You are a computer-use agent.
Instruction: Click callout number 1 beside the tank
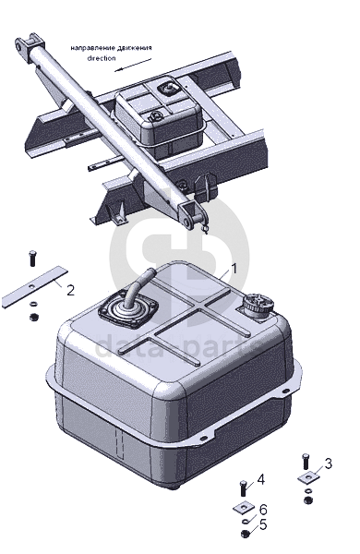tap(234, 269)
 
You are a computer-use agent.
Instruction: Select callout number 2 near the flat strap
tap(71, 290)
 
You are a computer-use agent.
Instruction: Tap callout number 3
tap(329, 464)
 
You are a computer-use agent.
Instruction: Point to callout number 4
tap(260, 479)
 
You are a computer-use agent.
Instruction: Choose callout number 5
tap(263, 524)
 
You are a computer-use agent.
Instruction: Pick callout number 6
tap(263, 510)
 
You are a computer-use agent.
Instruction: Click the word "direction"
tap(102, 58)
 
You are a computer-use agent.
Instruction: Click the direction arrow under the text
tap(133, 66)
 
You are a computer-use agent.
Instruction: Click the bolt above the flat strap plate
tap(32, 258)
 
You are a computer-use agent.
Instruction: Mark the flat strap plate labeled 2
tap(34, 287)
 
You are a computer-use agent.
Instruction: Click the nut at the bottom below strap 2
tap(34, 317)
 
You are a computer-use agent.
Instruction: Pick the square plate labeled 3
tap(309, 477)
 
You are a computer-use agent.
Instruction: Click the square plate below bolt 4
tap(244, 508)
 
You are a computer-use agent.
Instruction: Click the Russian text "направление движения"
tap(112, 48)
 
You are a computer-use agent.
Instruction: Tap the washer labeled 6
tap(246, 522)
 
